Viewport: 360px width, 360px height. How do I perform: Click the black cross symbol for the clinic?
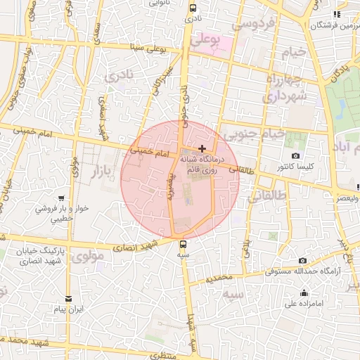click(202, 148)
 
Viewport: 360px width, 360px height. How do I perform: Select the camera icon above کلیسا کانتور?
click(295, 155)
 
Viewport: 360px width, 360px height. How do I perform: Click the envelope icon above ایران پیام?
click(68, 298)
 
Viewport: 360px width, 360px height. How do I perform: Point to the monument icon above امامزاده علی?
click(304, 293)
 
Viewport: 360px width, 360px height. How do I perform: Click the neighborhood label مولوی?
click(88, 257)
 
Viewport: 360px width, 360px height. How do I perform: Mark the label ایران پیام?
click(70, 309)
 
